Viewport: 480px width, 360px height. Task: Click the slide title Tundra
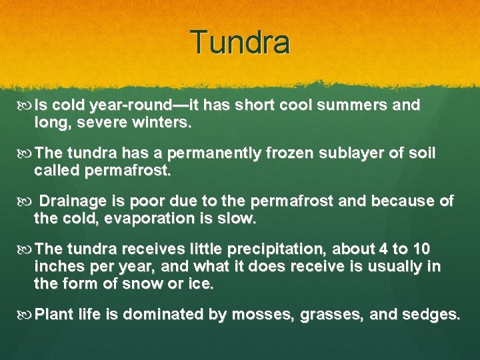240,42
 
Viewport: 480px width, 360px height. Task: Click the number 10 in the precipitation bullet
421,249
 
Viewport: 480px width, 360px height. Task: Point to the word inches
57,266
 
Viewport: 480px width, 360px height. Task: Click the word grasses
318,314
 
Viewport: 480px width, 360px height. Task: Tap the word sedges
431,314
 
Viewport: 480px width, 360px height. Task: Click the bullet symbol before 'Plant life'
26,314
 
